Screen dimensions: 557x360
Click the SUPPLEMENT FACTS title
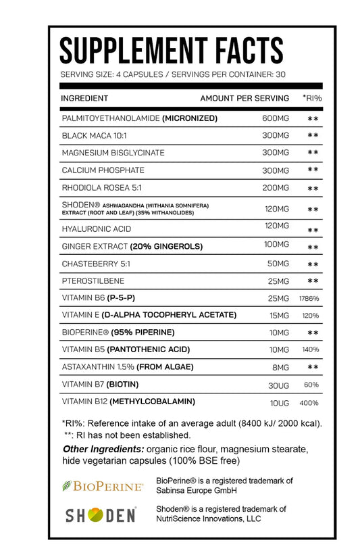pos(172,50)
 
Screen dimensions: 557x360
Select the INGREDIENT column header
pos(84,98)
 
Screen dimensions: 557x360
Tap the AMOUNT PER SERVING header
pos(245,98)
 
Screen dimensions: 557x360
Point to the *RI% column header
pos(312,98)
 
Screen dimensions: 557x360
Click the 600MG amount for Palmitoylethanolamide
pos(275,118)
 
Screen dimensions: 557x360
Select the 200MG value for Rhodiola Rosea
pos(275,188)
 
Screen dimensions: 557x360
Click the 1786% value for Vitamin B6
pos(309,298)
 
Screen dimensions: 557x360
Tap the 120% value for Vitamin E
pos(311,316)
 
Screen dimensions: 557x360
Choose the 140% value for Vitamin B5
pos(311,350)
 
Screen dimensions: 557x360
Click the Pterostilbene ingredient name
pos(93,281)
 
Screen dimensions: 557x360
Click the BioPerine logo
pos(103,485)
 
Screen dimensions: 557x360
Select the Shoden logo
pos(101,516)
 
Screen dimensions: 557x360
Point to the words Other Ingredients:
pos(103,450)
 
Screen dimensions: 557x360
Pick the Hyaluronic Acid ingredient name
pos(96,229)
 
